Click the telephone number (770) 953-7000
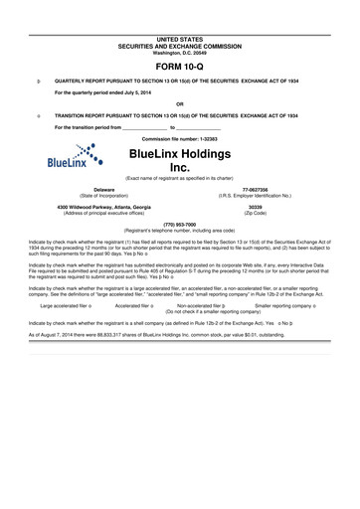coord(179,224)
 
